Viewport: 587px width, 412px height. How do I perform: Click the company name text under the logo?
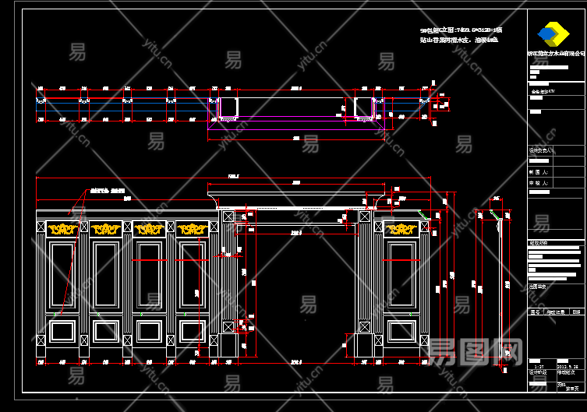555,55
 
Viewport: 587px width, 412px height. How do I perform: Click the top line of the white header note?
460,30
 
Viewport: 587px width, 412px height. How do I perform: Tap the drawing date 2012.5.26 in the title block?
567,364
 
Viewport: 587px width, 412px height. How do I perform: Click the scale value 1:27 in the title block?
539,365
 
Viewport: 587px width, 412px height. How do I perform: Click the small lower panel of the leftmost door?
62,332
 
